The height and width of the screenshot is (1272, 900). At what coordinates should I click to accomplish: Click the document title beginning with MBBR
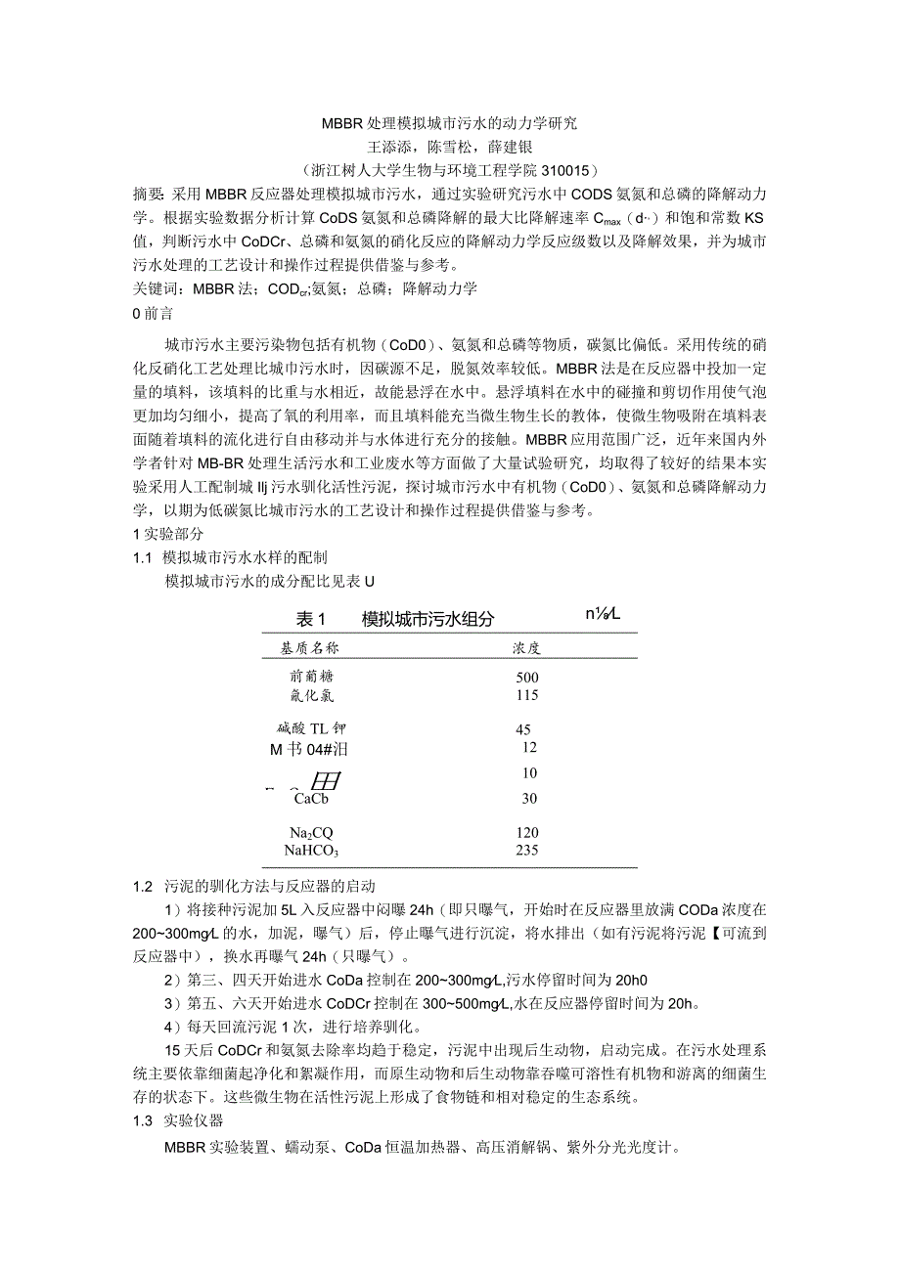pyautogui.click(x=450, y=124)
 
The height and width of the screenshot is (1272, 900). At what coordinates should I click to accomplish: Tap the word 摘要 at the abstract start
pyautogui.click(x=149, y=191)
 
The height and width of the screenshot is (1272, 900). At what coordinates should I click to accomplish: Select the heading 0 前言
pyautogui.click(x=153, y=312)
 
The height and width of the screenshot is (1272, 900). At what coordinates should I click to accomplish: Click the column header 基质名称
pyautogui.click(x=310, y=648)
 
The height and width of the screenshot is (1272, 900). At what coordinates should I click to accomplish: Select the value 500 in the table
pyautogui.click(x=526, y=677)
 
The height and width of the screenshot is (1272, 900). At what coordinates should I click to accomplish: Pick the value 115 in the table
pyautogui.click(x=526, y=695)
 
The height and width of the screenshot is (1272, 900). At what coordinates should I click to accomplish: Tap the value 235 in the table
pyautogui.click(x=526, y=850)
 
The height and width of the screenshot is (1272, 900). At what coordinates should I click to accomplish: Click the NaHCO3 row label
pyautogui.click(x=311, y=850)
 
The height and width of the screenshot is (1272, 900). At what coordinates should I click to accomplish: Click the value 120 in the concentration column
pyautogui.click(x=526, y=832)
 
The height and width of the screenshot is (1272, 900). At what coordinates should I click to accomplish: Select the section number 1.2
pyautogui.click(x=143, y=887)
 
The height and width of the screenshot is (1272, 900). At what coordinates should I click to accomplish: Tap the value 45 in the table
pyautogui.click(x=522, y=729)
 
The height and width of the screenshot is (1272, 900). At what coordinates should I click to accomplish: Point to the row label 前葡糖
pyautogui.click(x=311, y=677)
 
